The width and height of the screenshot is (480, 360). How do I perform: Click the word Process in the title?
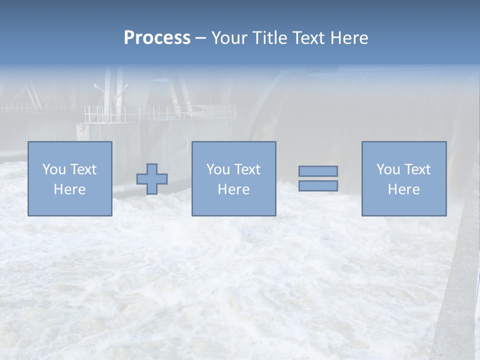point(157,38)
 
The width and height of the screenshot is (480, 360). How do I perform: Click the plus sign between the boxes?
point(152,179)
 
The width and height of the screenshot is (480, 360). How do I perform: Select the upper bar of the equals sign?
point(318,171)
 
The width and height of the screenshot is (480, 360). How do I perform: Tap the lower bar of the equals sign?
point(318,186)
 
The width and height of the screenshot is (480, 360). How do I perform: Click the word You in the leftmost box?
point(53,169)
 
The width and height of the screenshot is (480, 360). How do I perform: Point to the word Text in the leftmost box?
point(82,169)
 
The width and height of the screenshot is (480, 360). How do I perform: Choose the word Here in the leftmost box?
point(69,189)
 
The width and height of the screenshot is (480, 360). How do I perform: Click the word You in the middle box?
point(217,169)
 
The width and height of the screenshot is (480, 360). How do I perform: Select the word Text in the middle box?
point(246,169)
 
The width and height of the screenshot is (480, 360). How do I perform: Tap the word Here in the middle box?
point(233,189)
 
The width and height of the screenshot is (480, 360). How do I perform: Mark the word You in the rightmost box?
point(387,169)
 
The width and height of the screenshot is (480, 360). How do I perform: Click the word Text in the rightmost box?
point(416,169)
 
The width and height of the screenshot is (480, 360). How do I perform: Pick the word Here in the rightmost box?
point(403,189)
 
